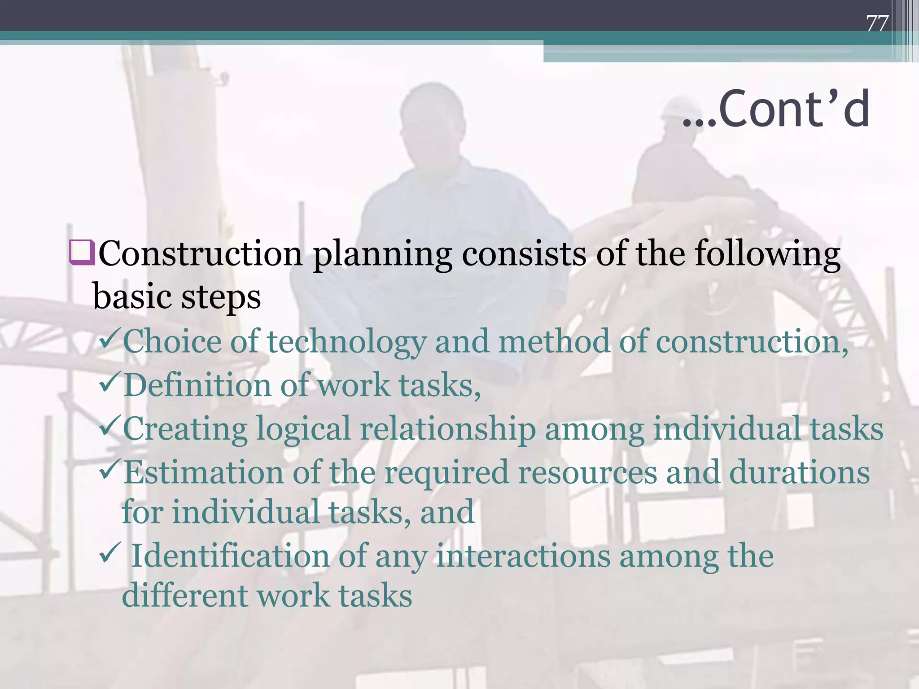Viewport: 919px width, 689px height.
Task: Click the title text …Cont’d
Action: (776, 109)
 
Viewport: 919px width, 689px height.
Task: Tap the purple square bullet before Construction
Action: (82, 253)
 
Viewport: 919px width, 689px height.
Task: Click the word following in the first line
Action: (767, 254)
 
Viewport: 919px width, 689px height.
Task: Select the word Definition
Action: (197, 385)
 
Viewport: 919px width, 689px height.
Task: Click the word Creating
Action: (185, 429)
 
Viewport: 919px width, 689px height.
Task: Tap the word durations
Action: (799, 472)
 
